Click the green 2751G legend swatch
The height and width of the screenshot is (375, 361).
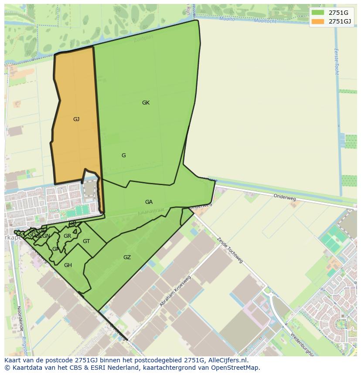click(x=318, y=13)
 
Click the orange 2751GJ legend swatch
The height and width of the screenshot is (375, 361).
click(x=318, y=21)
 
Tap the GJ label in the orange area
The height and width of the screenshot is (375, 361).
click(x=76, y=119)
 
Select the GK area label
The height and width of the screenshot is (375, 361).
click(x=146, y=103)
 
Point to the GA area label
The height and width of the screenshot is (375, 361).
click(x=149, y=202)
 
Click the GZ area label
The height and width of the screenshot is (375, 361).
click(x=127, y=257)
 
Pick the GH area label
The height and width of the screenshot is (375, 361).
click(x=68, y=265)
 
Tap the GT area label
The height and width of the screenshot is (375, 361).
click(x=86, y=241)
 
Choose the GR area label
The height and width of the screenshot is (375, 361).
click(x=67, y=236)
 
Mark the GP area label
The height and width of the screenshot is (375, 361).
click(x=55, y=249)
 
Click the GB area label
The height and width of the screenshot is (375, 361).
click(x=73, y=223)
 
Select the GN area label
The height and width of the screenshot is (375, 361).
click(x=46, y=236)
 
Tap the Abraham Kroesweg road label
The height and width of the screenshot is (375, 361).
click(x=176, y=291)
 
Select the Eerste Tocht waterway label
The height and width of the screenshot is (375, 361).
click(x=336, y=61)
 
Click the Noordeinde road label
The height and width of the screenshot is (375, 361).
click(x=20, y=318)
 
